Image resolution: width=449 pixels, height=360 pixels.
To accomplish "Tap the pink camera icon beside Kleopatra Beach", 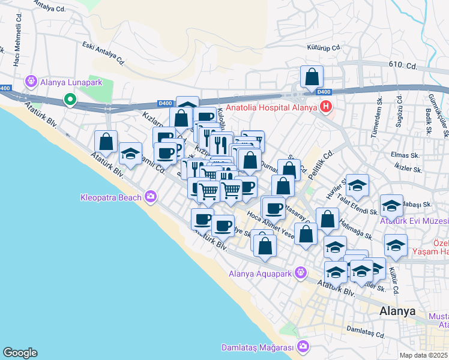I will (x=150, y=196).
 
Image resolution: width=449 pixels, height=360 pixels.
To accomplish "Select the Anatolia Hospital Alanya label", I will (x=272, y=108).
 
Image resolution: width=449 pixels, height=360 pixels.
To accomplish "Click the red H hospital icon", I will (x=325, y=108).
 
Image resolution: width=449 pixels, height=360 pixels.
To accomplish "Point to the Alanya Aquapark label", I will (x=259, y=274).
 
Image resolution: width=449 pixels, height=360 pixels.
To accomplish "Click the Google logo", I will (x=20, y=353).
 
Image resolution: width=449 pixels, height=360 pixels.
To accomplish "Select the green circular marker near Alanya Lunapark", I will (x=70, y=100).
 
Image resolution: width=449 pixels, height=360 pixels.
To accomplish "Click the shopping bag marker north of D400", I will (x=312, y=76).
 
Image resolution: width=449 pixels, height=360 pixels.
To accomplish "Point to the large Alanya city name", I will (x=398, y=311).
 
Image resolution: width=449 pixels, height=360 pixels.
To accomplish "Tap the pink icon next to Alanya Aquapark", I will (x=300, y=274).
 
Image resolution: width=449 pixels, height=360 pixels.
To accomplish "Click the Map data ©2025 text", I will (x=424, y=355).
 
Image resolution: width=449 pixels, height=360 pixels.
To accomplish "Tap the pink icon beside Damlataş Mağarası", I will (x=303, y=347).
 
